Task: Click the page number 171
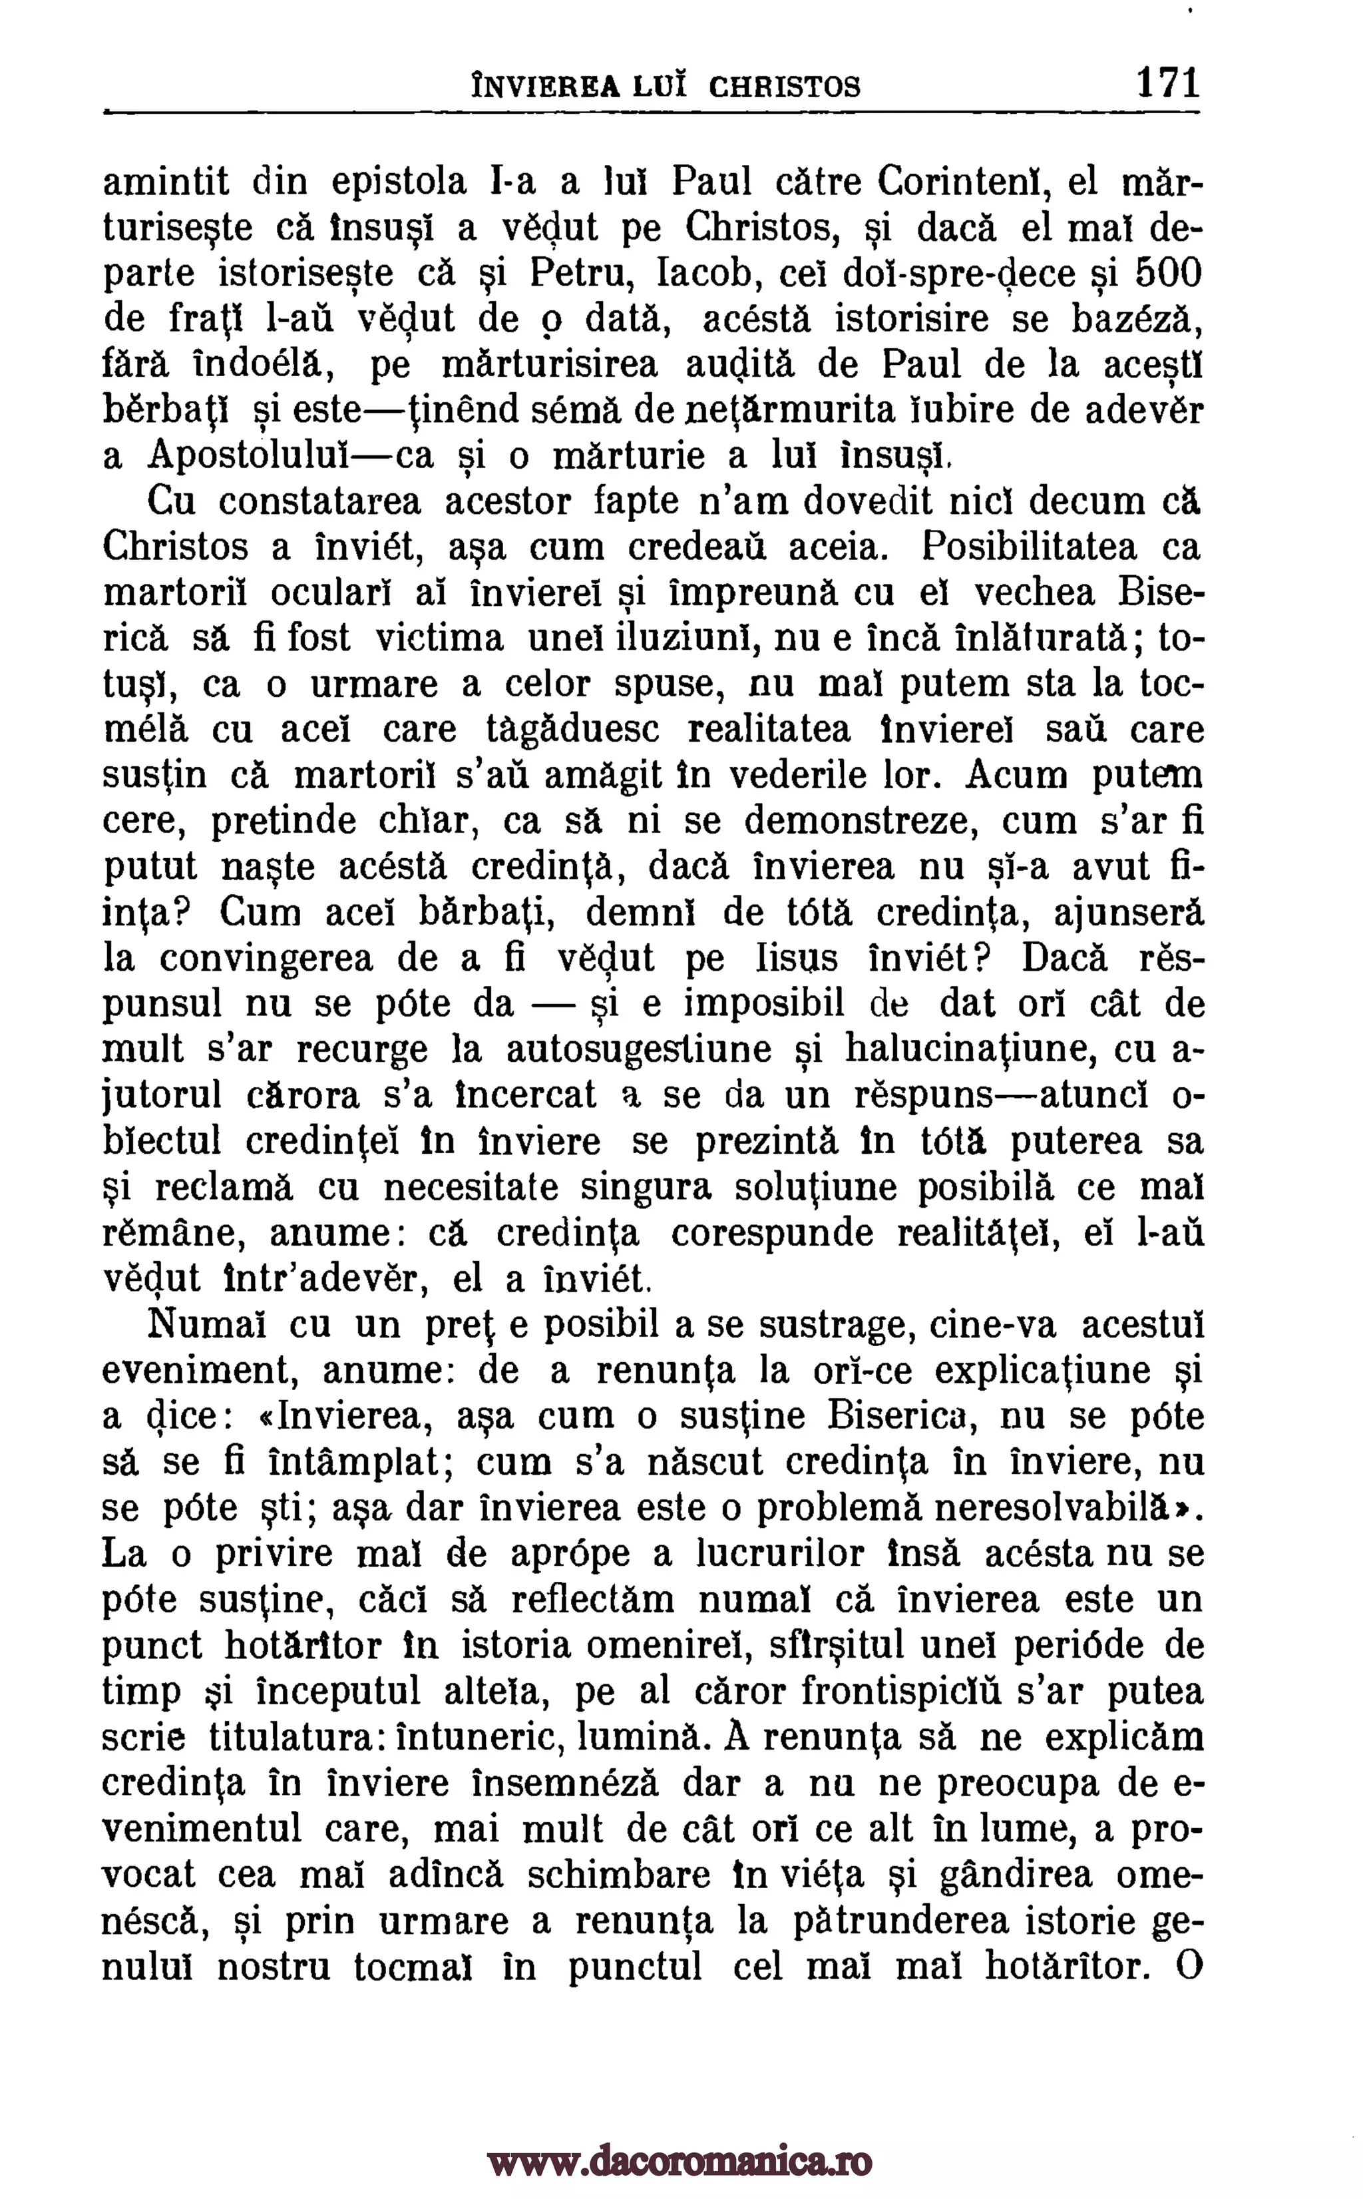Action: pos(1168,83)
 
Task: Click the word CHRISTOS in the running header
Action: pos(784,87)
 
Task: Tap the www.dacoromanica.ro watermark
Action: pos(681,2138)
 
